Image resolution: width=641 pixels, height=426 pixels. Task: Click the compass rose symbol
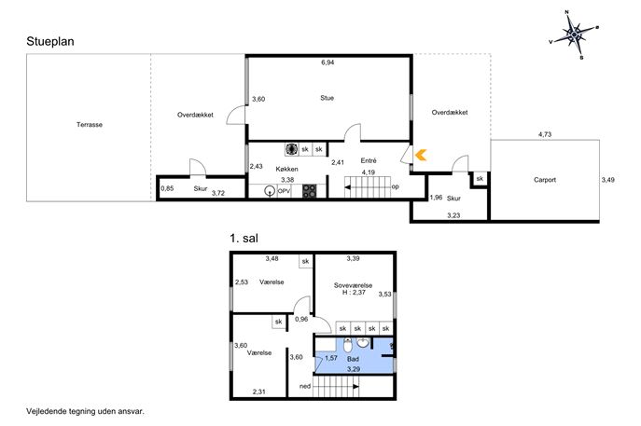(x=574, y=34)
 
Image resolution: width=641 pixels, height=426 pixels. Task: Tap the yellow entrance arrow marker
(x=421, y=155)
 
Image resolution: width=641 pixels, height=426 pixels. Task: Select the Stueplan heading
(x=50, y=42)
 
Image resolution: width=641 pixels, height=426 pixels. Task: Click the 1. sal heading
(x=244, y=238)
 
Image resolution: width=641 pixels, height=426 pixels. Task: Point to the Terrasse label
(x=90, y=125)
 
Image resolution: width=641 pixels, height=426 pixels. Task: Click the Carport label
(x=545, y=180)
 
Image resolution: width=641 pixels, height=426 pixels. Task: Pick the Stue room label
(x=327, y=98)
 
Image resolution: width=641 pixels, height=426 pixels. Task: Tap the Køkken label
(x=286, y=169)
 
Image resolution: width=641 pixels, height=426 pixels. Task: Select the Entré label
(x=369, y=160)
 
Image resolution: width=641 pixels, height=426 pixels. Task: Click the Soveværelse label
(x=353, y=285)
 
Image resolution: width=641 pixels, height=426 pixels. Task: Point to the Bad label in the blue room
(x=353, y=359)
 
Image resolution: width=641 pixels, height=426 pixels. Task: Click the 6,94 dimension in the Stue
(x=327, y=62)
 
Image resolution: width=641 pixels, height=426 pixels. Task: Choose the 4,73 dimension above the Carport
(x=545, y=134)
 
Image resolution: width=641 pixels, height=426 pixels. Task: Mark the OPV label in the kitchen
(x=285, y=191)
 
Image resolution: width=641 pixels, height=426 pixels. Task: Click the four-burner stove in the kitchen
(x=309, y=191)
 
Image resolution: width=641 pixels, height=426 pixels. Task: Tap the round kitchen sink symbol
(x=270, y=191)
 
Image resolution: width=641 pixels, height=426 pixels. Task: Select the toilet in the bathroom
(x=348, y=346)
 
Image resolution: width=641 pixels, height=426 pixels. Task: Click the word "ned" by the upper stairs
(x=305, y=386)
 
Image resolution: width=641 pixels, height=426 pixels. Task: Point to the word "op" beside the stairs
(x=395, y=186)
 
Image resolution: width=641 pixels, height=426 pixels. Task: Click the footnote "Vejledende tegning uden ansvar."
(x=85, y=411)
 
